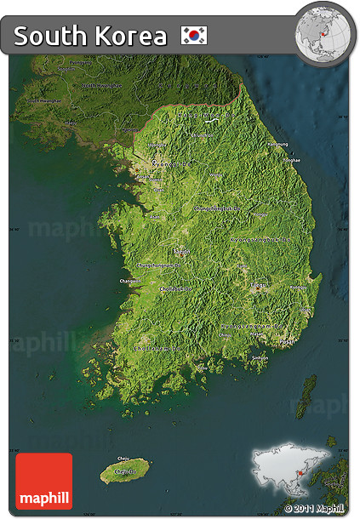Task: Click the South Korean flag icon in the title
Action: pyautogui.click(x=195, y=36)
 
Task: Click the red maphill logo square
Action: pyautogui.click(x=43, y=482)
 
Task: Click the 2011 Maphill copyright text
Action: pyautogui.click(x=316, y=509)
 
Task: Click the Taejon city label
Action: pyautogui.click(x=182, y=252)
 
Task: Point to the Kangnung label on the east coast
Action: pyautogui.click(x=277, y=144)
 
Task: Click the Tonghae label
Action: pyautogui.click(x=292, y=160)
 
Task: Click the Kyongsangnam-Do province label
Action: pyautogui.click(x=249, y=326)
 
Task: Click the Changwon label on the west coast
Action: pyautogui.click(x=128, y=280)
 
